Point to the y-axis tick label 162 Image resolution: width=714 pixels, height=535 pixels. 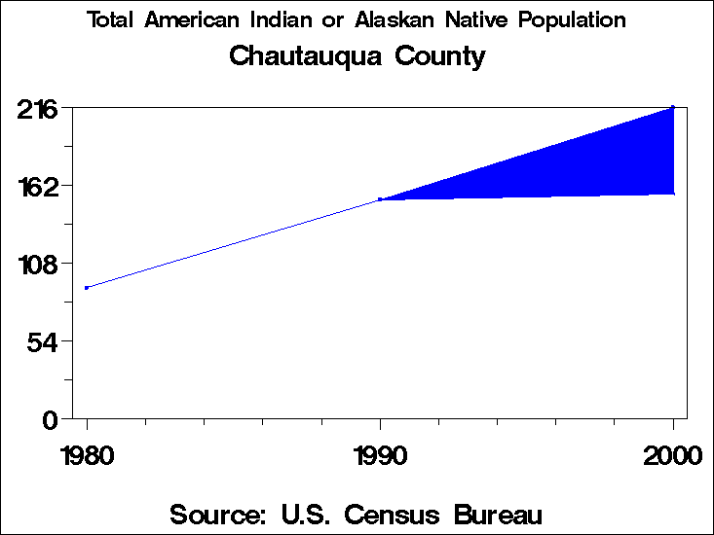[x=37, y=185]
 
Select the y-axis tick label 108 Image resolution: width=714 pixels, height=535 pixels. [x=37, y=263]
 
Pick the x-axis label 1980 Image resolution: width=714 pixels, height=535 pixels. [x=87, y=454]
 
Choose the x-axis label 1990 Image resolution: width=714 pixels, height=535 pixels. [x=380, y=454]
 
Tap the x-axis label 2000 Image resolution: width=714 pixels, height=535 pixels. [x=672, y=454]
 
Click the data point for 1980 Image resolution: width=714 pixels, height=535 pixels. [x=87, y=288]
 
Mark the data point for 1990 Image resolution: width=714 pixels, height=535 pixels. [x=380, y=199]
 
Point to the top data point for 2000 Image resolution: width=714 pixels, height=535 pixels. [x=673, y=107]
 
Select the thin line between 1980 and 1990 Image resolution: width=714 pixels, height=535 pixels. [x=234, y=243]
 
